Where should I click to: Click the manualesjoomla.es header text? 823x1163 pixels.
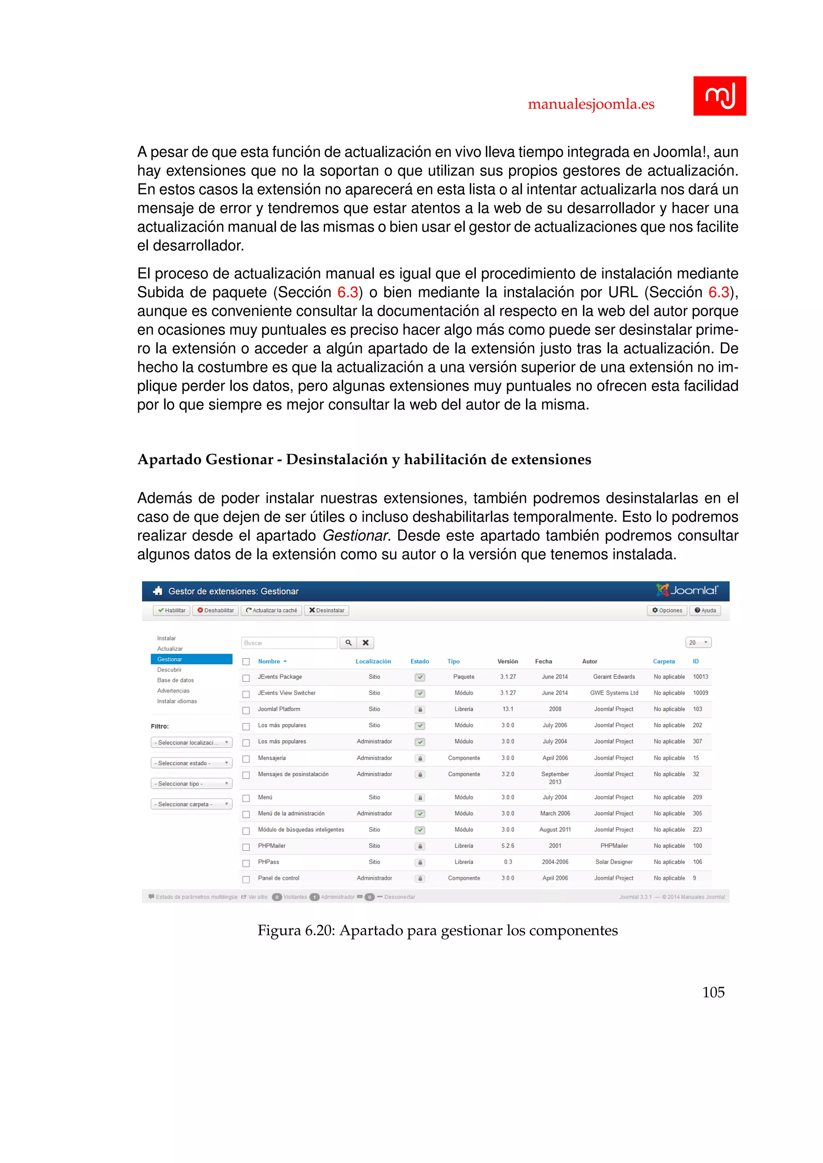click(x=591, y=104)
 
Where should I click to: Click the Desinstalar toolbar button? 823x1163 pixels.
click(x=326, y=610)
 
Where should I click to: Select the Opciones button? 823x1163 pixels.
click(x=667, y=610)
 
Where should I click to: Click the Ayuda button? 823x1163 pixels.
click(x=705, y=610)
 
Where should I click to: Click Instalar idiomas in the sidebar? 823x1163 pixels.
click(x=177, y=701)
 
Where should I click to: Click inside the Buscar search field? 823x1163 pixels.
click(x=289, y=643)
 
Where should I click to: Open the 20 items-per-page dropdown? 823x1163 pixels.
click(x=698, y=642)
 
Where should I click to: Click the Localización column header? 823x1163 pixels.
click(x=373, y=661)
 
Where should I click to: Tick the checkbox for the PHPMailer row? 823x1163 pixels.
click(x=246, y=847)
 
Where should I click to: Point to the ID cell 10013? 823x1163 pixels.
click(x=700, y=677)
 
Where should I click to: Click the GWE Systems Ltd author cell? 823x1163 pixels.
click(x=614, y=693)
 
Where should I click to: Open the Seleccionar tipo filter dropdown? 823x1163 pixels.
click(x=191, y=783)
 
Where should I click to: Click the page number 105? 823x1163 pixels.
click(x=713, y=992)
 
